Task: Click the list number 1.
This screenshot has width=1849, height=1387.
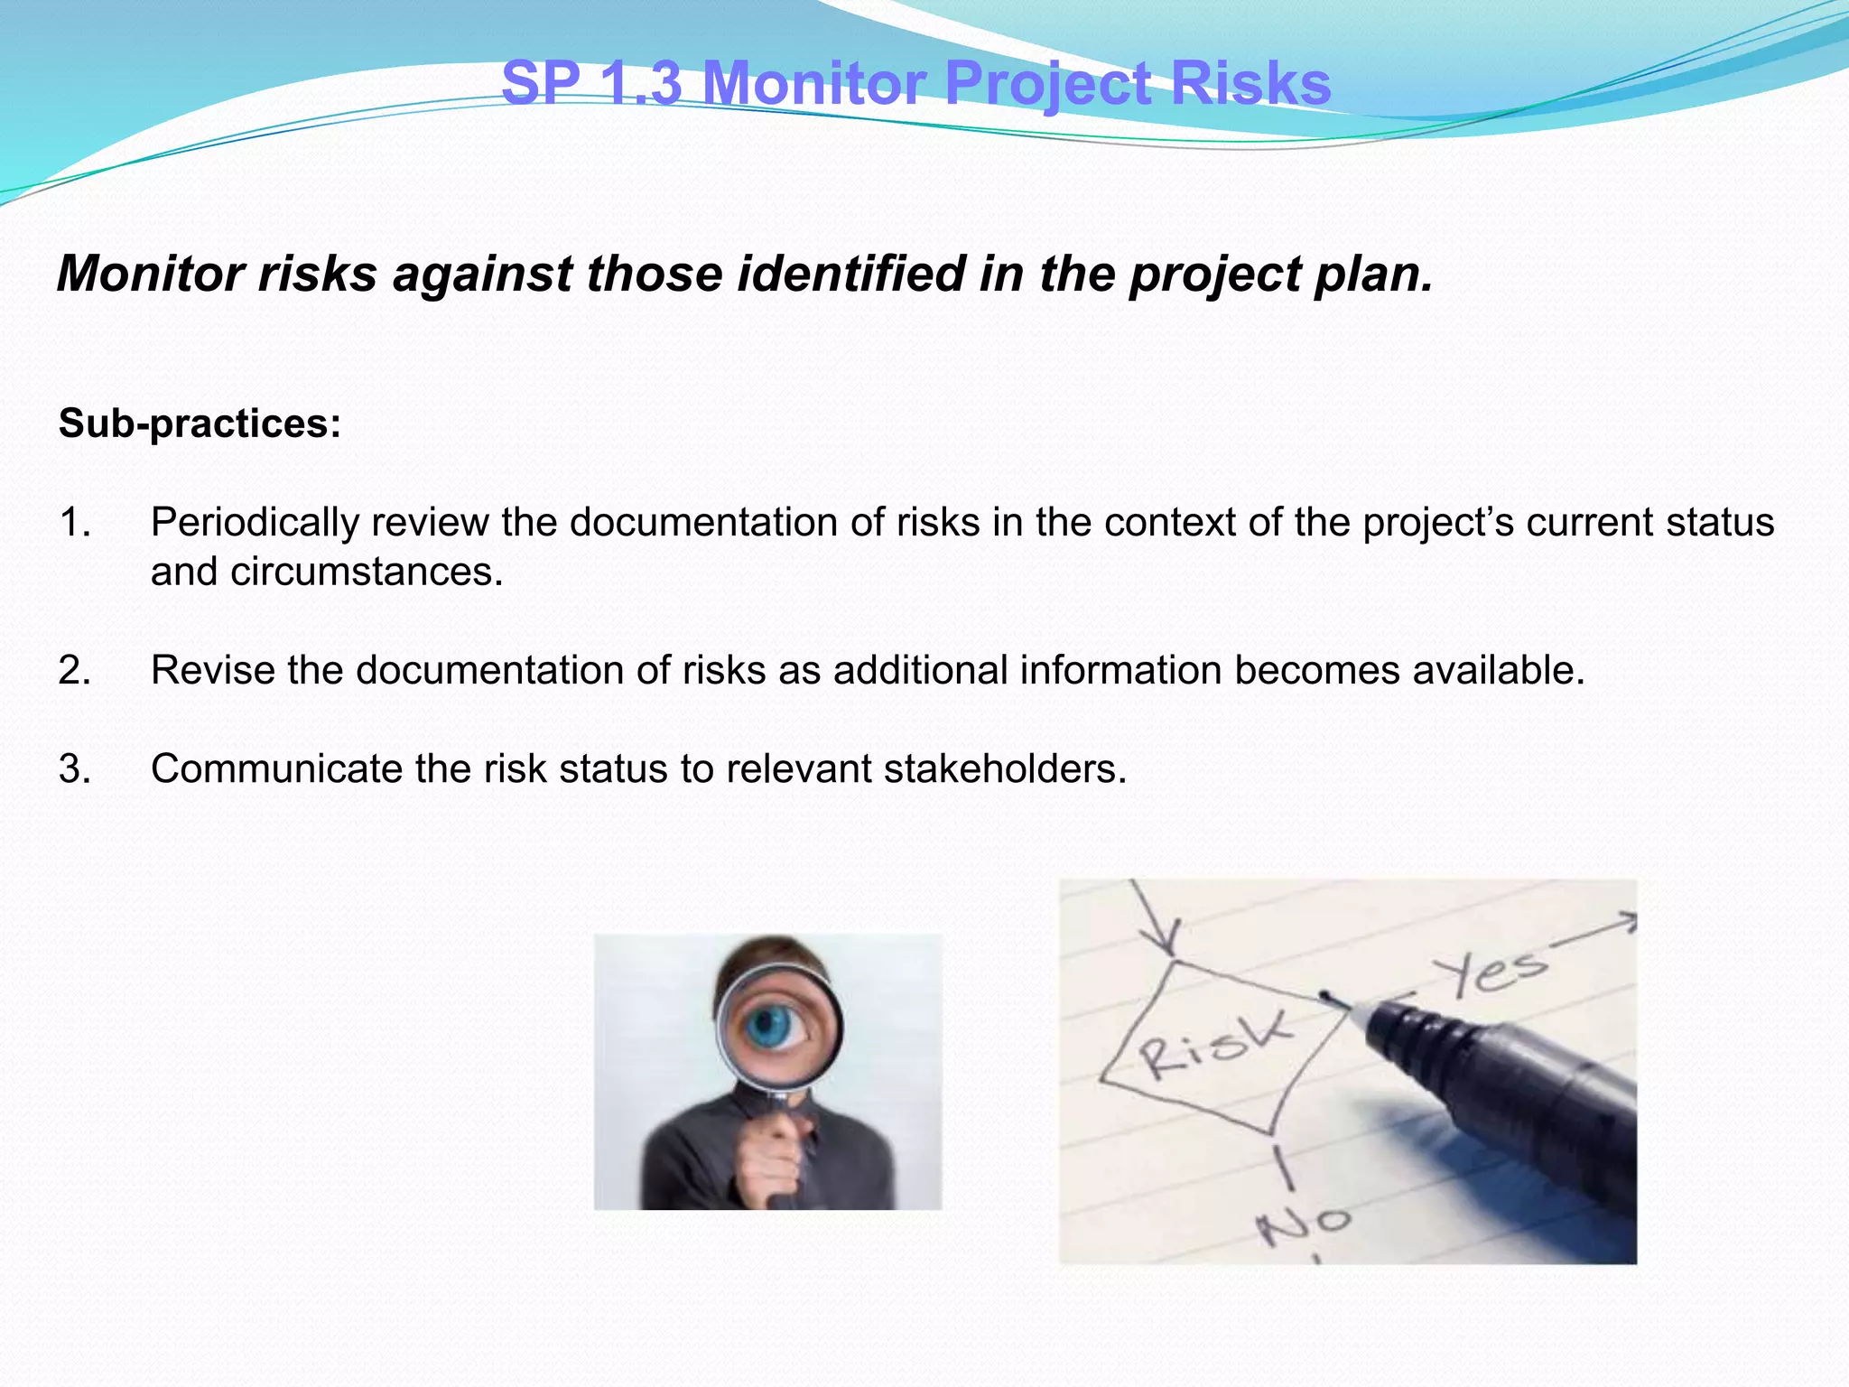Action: coord(74,523)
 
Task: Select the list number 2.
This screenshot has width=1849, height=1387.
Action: coord(74,671)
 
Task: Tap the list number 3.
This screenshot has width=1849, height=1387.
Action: coord(74,769)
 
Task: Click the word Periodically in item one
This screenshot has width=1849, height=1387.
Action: coord(254,523)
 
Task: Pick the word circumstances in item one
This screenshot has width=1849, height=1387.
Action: coord(366,572)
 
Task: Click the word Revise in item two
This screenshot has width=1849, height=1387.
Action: coord(212,671)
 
